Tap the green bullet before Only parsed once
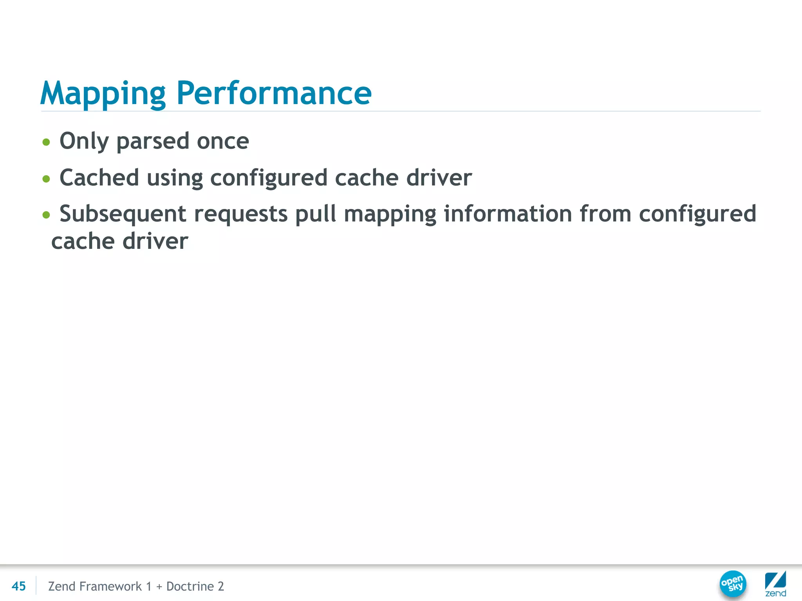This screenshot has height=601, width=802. (x=46, y=142)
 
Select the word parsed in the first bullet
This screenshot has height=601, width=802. (x=153, y=141)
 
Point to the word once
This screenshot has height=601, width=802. (x=222, y=141)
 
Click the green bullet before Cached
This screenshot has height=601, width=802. (x=46, y=179)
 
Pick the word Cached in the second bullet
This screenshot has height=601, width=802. (x=99, y=178)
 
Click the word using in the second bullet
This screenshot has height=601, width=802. (x=175, y=178)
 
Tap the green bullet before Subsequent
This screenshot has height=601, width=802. (x=46, y=215)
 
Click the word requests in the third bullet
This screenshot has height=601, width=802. (x=241, y=214)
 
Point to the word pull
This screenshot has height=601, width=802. (x=315, y=214)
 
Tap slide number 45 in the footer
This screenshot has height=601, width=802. (x=19, y=586)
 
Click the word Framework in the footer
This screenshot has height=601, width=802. (x=110, y=586)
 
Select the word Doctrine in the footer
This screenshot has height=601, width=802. (x=190, y=586)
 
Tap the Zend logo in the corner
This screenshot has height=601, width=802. (x=775, y=583)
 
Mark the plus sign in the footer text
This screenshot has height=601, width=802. (x=159, y=587)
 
